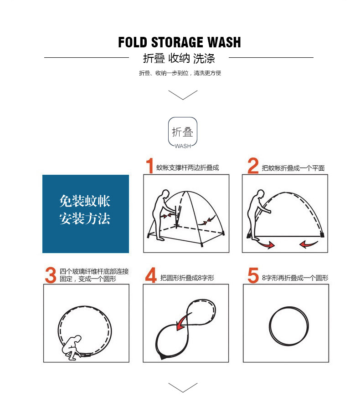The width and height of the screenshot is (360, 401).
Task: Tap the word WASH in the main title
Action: pos(223,43)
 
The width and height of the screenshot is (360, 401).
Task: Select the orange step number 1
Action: pos(149,167)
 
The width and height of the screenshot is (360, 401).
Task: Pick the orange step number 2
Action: pos(253,167)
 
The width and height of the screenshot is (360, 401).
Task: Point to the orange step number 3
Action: pos(51,275)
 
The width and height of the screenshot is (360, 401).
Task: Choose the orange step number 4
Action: pos(151,276)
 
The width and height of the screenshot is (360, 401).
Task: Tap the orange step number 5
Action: pos(253,276)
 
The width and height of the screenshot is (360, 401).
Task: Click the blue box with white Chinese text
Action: pos(86,213)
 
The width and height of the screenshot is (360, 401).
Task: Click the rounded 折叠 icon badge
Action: pos(183,132)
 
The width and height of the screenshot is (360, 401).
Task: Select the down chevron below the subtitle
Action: pos(183,95)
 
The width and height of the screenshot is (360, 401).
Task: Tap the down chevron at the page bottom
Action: pos(183,387)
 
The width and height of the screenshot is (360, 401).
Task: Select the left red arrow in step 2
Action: pos(265,245)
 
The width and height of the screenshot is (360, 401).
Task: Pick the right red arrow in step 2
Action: pos(309,245)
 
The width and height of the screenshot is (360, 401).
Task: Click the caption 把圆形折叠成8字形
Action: pos(187,278)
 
